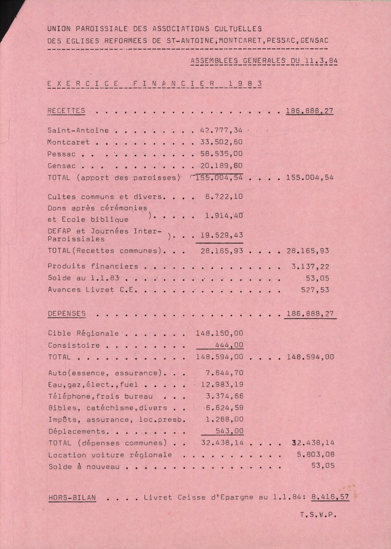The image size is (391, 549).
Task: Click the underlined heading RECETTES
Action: (x=66, y=111)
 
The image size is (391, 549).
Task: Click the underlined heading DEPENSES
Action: (x=67, y=314)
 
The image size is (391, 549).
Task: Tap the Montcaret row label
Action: (x=69, y=142)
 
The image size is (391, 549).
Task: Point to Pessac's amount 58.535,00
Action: (x=219, y=154)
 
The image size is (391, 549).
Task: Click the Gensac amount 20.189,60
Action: (x=219, y=166)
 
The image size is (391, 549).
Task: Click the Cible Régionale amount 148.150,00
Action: (x=219, y=333)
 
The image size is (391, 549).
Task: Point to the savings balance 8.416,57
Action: (x=331, y=497)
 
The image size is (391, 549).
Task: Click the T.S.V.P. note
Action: (x=318, y=514)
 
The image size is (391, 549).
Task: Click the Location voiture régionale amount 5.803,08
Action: (x=315, y=454)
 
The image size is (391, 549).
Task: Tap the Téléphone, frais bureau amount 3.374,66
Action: (x=223, y=396)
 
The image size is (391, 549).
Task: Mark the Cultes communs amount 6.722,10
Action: (x=223, y=196)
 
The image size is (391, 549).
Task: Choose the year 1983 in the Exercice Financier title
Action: (x=245, y=83)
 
